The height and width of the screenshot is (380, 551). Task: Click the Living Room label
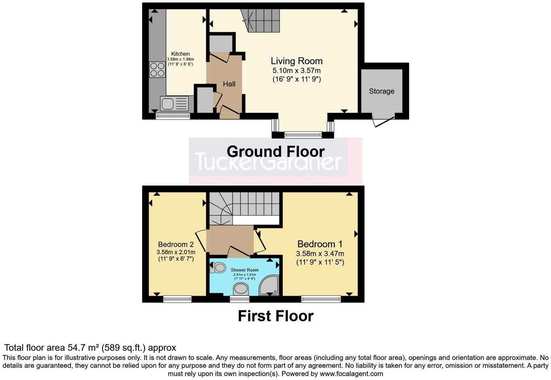click(x=297, y=61)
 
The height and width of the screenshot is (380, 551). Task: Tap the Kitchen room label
click(x=180, y=54)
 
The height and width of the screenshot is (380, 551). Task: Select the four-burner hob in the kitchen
click(x=157, y=70)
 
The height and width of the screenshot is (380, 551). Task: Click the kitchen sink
click(x=175, y=104)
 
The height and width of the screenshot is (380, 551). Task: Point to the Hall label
click(x=229, y=84)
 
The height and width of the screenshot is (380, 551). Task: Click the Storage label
click(x=381, y=91)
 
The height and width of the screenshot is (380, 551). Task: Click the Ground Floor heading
click(x=275, y=151)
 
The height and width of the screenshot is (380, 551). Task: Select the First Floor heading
click(x=275, y=316)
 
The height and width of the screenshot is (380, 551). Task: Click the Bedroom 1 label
click(x=320, y=244)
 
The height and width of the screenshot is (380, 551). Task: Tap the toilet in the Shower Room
click(x=218, y=268)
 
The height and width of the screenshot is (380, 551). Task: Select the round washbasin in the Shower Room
click(x=240, y=289)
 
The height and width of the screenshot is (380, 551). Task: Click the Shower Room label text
click(x=244, y=270)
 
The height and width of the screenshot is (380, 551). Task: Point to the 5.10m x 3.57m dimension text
click(x=297, y=71)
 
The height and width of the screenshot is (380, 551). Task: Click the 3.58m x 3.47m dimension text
click(x=320, y=254)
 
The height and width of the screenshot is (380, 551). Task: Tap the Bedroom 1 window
click(x=321, y=299)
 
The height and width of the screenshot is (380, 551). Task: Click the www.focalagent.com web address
click(x=351, y=374)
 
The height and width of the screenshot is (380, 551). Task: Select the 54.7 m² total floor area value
click(x=83, y=348)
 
